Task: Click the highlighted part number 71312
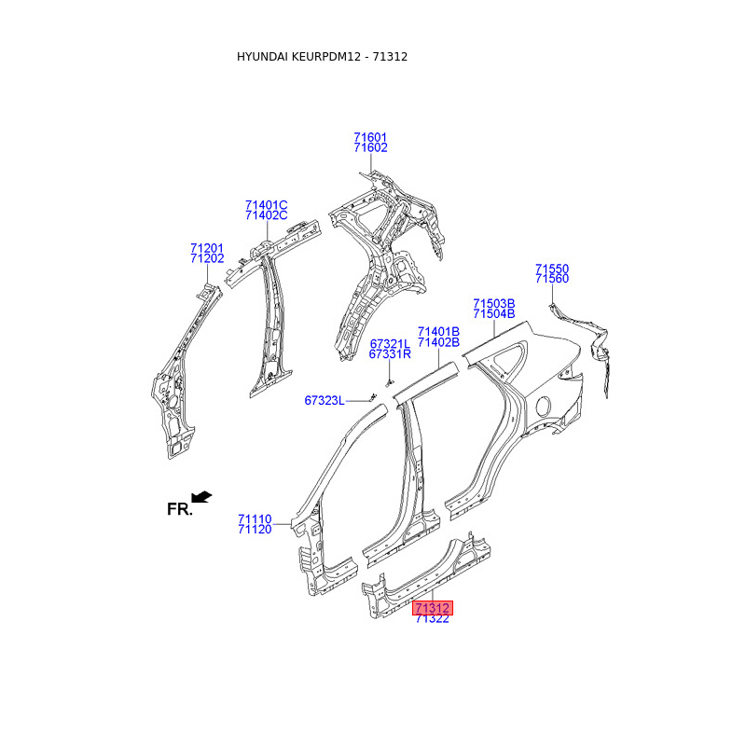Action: (x=433, y=608)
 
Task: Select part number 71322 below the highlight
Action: (x=433, y=619)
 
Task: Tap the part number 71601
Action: (x=370, y=137)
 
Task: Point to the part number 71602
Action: (x=370, y=148)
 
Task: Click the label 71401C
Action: (x=267, y=205)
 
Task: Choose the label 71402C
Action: (x=267, y=216)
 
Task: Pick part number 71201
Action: (x=207, y=248)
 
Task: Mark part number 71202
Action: (x=207, y=259)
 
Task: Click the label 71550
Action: (x=552, y=269)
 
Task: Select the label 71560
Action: (x=552, y=280)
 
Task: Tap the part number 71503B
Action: (x=493, y=303)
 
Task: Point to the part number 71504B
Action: (x=493, y=314)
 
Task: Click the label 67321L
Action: (x=390, y=343)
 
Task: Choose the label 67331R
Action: (x=390, y=354)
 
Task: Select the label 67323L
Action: (x=325, y=401)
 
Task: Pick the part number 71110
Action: (x=255, y=518)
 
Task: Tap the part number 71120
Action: (x=255, y=530)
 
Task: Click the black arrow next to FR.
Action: (x=201, y=497)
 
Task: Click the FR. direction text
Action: (x=179, y=509)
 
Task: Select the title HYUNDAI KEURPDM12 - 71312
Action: (x=322, y=57)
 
